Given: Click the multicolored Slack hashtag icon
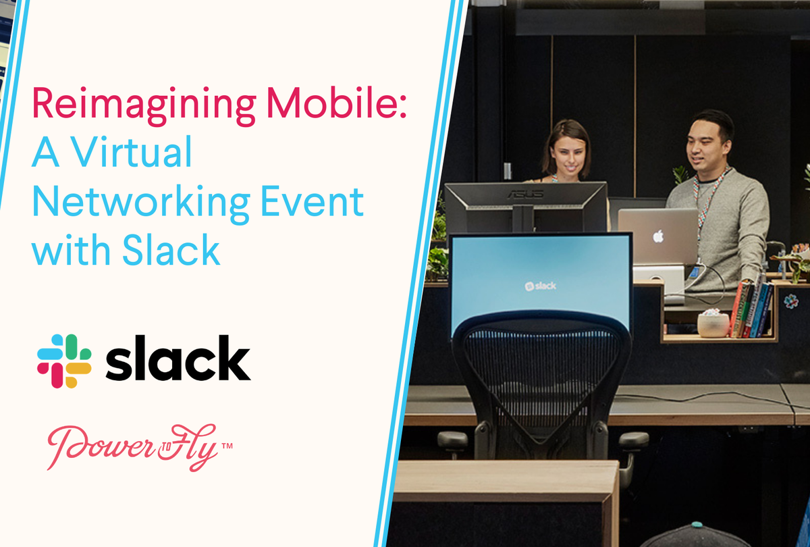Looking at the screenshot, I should [x=64, y=361].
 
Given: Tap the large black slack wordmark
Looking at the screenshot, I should [x=178, y=359].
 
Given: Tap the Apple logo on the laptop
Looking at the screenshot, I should [x=657, y=236].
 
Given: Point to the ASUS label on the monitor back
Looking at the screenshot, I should [x=517, y=194].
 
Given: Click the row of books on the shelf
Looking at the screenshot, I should [x=751, y=307].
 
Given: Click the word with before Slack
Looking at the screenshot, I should [x=72, y=251].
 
